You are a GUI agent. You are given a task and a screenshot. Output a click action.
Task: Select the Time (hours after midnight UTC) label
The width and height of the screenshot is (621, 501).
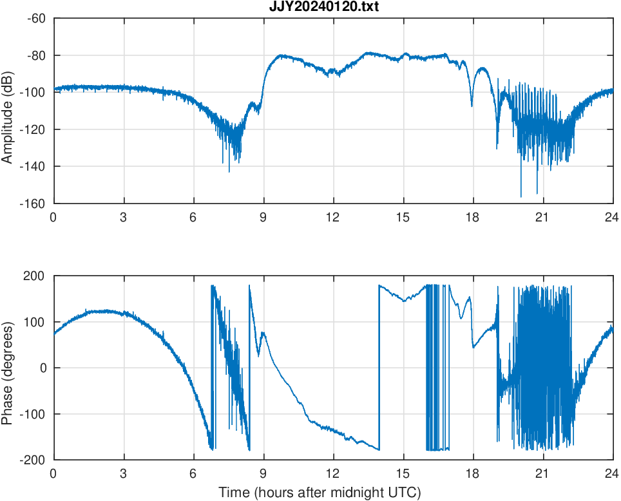(320, 493)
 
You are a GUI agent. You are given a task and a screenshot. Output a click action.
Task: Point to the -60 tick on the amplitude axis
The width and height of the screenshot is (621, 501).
(36, 18)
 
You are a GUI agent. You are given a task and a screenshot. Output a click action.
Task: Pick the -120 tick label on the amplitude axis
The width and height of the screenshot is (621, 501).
(33, 129)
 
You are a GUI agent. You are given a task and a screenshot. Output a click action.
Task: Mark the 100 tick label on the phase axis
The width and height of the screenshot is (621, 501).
(35, 322)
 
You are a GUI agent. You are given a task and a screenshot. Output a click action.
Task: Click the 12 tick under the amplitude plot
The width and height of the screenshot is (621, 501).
(333, 216)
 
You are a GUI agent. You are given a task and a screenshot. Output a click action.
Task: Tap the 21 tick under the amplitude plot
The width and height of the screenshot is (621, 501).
(543, 216)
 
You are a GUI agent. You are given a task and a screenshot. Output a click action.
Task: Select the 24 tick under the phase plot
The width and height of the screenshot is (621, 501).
(612, 473)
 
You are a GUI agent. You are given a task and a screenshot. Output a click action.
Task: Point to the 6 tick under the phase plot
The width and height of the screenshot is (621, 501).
(193, 473)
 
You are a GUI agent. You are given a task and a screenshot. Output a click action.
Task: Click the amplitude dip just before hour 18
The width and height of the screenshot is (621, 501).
(472, 106)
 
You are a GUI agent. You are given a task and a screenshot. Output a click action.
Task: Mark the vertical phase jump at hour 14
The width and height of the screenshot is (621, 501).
(379, 367)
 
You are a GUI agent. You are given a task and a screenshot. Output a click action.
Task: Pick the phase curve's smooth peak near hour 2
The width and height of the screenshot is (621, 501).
(97, 311)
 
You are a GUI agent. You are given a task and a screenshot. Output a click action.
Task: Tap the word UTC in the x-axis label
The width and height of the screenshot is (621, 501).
(406, 493)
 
